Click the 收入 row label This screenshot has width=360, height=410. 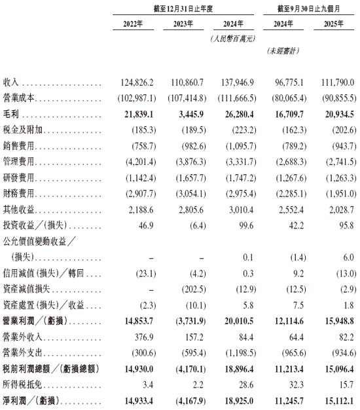(12, 83)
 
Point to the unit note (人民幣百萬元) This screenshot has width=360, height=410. (233, 39)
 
